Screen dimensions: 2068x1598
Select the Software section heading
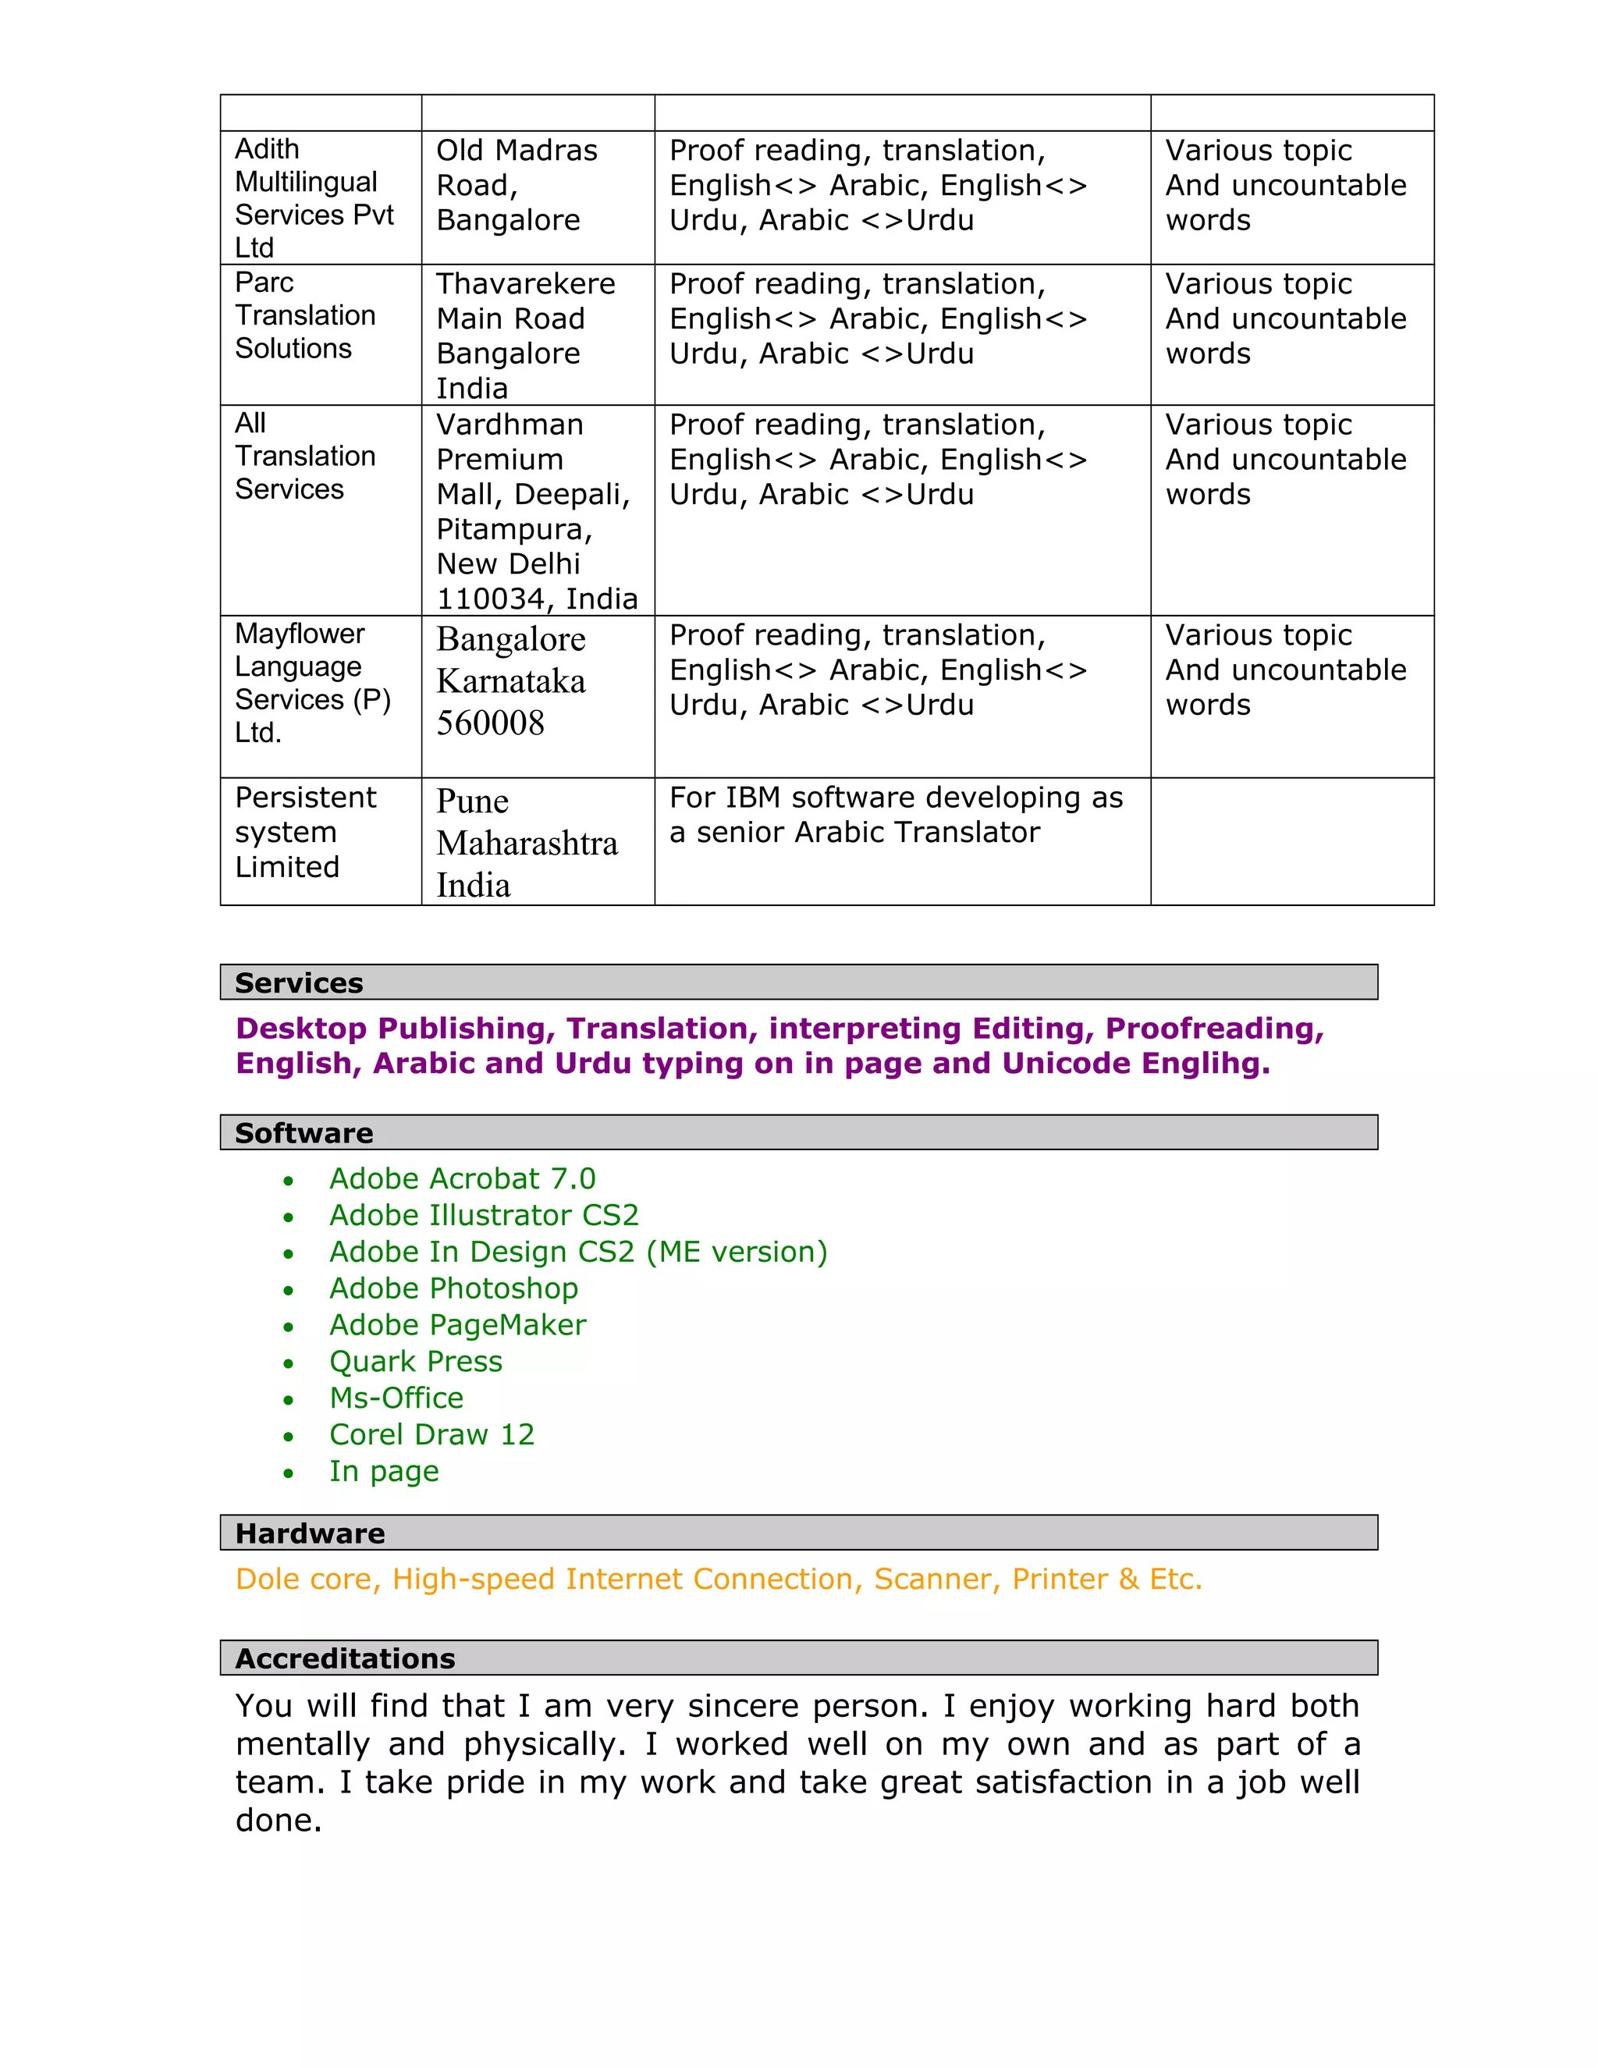point(304,1132)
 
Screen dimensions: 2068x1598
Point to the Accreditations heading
point(346,1658)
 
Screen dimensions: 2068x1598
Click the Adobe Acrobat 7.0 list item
point(462,1179)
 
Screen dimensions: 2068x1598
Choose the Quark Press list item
point(416,1362)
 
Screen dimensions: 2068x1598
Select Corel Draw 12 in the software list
point(431,1434)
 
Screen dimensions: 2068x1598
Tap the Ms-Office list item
point(396,1398)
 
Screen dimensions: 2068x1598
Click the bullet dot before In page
point(289,1473)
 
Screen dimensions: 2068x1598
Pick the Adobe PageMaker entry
point(457,1326)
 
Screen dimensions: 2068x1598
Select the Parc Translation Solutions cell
point(305,315)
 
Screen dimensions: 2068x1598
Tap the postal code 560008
point(490,723)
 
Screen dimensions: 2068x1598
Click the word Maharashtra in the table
point(527,844)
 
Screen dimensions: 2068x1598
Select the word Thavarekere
point(525,284)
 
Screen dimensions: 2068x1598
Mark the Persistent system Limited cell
point(305,833)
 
